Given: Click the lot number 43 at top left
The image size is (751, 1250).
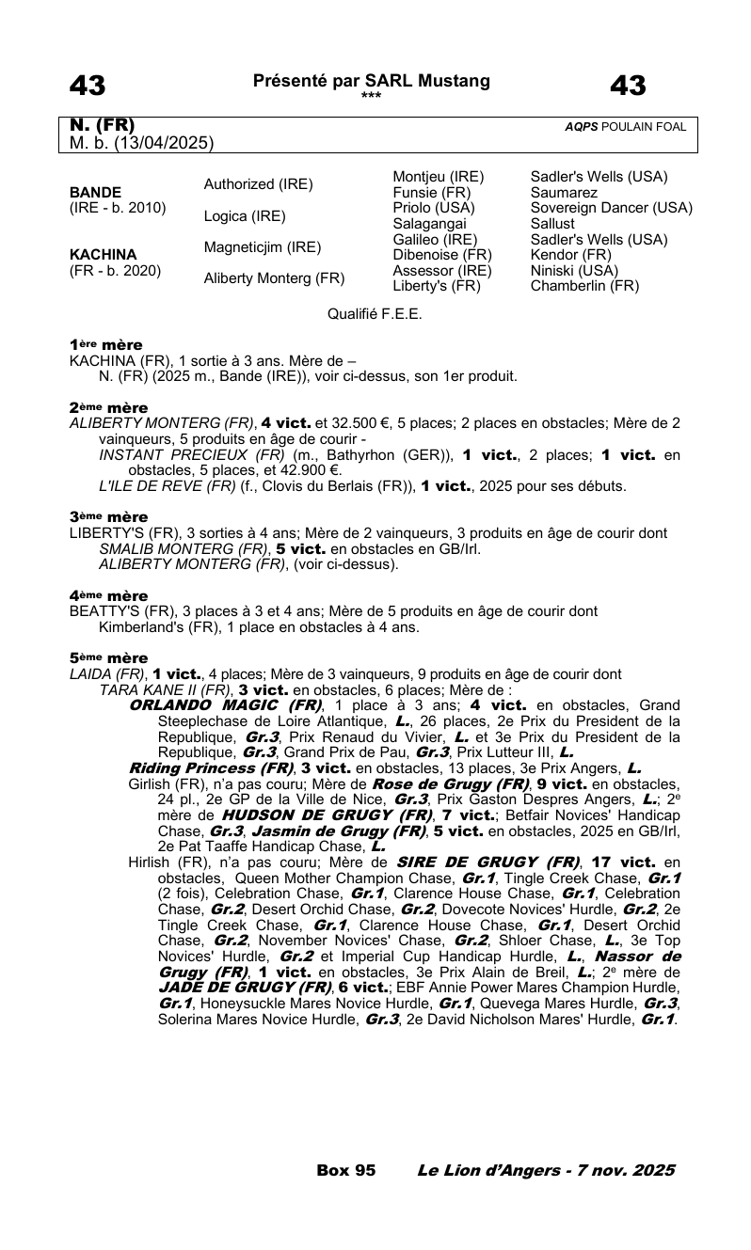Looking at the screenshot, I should point(88,87).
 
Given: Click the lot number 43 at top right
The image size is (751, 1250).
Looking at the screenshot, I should point(628,87).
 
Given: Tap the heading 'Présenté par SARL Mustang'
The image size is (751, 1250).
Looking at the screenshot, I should point(372,81).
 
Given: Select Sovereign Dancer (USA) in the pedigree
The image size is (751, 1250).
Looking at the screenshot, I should point(612,207).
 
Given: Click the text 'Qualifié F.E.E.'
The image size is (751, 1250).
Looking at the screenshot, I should point(375,313).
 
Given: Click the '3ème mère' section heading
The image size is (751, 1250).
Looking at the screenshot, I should point(108,517).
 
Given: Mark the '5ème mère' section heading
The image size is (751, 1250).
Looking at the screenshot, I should point(108,658).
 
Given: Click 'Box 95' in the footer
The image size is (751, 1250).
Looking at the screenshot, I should point(346,1170).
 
